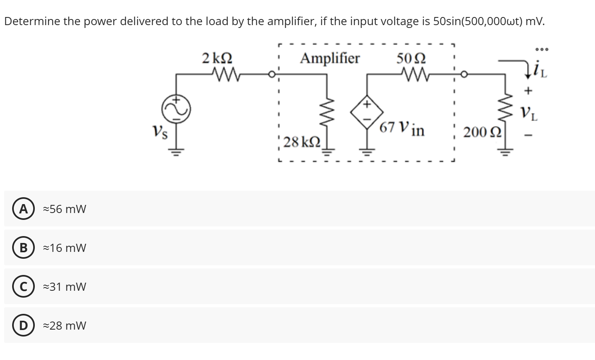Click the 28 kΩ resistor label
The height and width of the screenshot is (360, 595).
[302, 142]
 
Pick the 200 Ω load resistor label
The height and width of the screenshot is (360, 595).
[482, 132]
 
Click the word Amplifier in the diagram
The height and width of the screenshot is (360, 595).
[329, 58]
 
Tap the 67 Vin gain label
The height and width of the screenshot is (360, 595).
[402, 129]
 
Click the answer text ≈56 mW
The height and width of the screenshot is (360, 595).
[65, 209]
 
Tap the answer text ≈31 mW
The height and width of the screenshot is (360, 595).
[65, 287]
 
